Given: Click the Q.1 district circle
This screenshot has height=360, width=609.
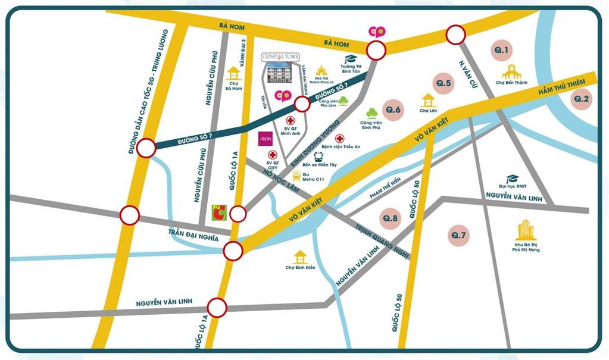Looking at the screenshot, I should [502, 51].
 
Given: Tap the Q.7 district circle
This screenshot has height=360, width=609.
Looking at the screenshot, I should [459, 236].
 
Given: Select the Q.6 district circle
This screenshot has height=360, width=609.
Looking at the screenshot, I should [394, 109].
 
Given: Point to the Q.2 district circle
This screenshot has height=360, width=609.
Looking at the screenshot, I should [581, 99].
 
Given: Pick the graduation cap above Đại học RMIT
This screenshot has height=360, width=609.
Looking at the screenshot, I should [511, 179].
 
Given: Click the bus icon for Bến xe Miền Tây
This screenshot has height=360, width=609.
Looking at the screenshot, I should [318, 156].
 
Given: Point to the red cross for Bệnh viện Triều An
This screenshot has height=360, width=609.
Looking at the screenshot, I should [340, 138].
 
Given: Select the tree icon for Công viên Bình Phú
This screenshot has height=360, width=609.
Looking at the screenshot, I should [373, 113].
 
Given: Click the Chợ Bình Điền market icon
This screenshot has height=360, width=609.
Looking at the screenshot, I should [300, 256].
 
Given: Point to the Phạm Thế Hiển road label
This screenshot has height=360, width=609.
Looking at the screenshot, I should [385, 188].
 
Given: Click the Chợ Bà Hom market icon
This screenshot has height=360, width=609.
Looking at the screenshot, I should [234, 74].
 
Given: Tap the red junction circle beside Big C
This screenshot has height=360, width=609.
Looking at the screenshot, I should [238, 214].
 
